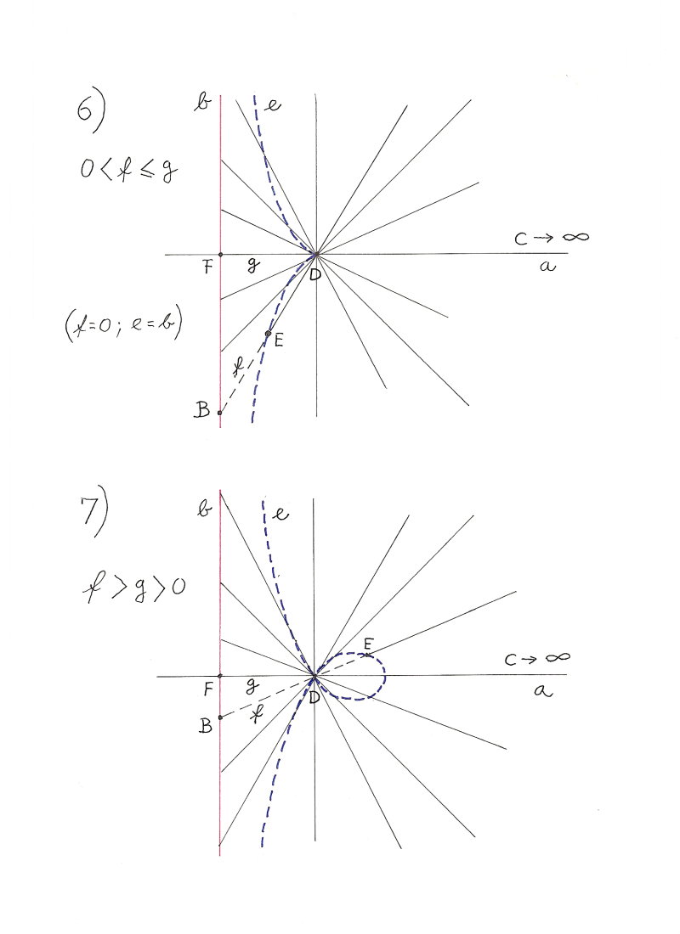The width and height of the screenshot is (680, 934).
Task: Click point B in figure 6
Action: [220, 413]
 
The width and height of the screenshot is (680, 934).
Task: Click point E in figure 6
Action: [268, 334]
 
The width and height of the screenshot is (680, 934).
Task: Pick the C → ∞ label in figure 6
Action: [551, 238]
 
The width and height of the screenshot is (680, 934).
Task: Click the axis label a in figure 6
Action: [548, 267]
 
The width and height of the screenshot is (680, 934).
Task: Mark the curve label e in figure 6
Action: [273, 105]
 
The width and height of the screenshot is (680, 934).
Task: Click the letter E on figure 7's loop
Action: [367, 645]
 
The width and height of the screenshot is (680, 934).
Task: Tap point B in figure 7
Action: [220, 717]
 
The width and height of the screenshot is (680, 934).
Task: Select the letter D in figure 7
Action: [314, 696]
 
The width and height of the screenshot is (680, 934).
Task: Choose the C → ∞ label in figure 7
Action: [535, 658]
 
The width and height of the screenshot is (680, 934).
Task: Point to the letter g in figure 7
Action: [251, 684]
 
